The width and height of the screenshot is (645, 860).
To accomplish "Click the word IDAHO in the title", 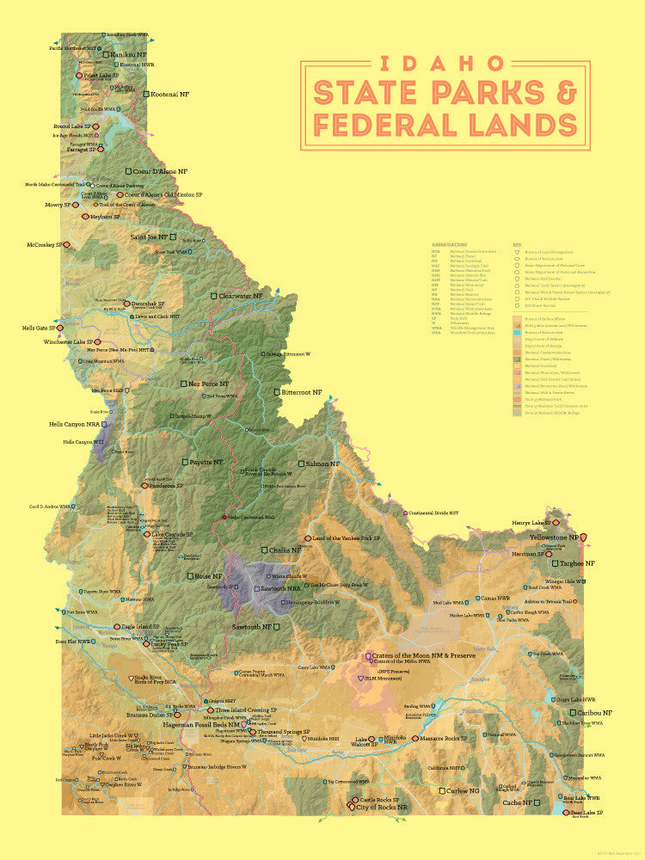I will tap(445, 63).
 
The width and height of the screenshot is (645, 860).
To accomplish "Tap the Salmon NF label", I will tap(325, 464).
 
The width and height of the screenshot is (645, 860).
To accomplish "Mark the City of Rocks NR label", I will tap(382, 808).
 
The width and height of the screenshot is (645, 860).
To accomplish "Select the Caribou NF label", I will tap(594, 713).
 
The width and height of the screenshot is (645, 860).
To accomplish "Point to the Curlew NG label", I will tap(468, 790).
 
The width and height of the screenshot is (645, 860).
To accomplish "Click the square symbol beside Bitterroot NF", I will tap(276, 392).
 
